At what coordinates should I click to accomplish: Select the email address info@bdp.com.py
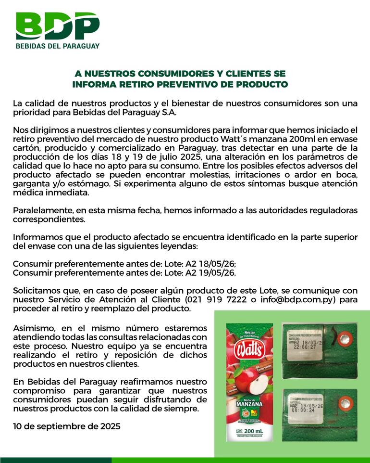coord(290,299)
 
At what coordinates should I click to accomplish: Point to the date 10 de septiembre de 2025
coord(66,426)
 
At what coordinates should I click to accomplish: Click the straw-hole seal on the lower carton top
coord(345,401)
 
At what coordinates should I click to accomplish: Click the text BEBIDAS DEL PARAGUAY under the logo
coord(57,46)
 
